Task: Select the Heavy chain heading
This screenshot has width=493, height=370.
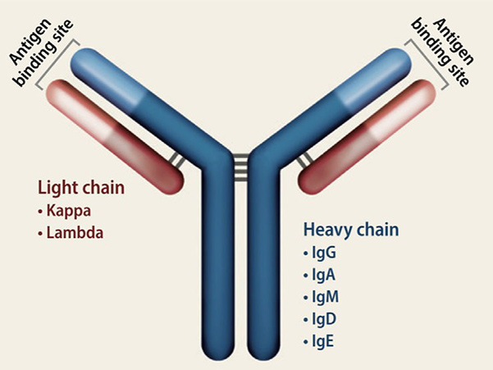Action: tap(351, 230)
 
